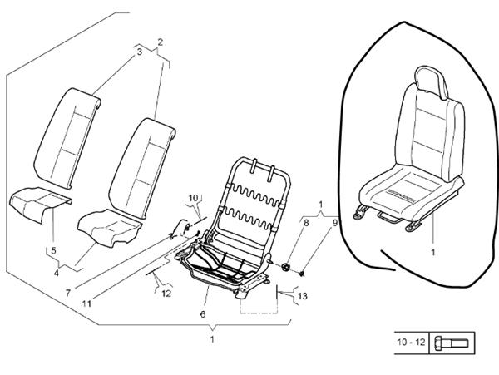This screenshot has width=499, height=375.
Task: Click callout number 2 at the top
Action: pos(159,42)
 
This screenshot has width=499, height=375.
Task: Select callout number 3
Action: pos(139,52)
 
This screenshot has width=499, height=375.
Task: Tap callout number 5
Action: pos(52,250)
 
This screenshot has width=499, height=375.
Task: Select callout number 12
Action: pos(166,293)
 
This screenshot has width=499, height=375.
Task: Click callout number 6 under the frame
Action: pos(202,313)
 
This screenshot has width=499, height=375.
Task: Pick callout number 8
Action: pos(305,223)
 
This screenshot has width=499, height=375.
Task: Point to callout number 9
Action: pos(335,223)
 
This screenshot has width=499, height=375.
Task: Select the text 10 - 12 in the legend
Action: pos(411,343)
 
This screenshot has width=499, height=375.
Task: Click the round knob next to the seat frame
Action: pos(286,267)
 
